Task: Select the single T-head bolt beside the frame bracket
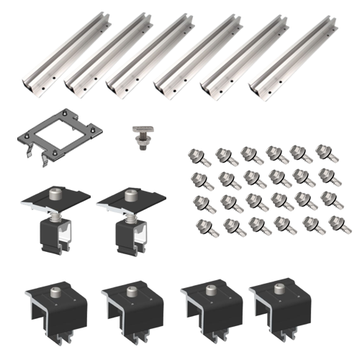coord(142,135)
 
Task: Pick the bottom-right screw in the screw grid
coord(315,227)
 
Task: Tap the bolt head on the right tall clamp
coord(131,193)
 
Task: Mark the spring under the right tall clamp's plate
coord(130,213)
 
